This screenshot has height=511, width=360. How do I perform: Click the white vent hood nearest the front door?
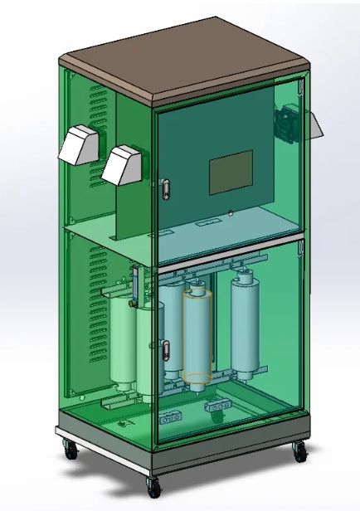(x=123, y=165)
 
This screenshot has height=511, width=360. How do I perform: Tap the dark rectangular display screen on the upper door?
(x=231, y=173)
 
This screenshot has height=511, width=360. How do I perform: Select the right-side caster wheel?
(x=297, y=452)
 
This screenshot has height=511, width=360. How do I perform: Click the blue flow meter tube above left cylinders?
(x=134, y=284)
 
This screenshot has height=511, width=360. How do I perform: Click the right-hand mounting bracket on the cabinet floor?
(x=218, y=405)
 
